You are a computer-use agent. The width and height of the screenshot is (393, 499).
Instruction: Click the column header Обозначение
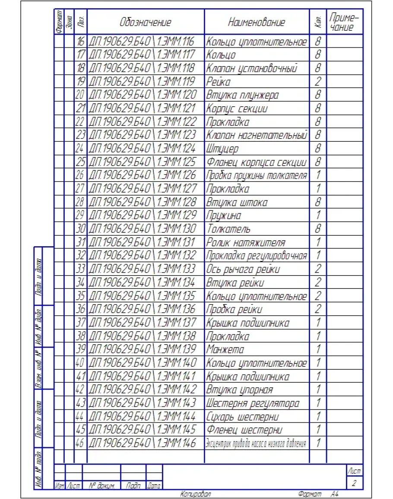(x=146, y=22)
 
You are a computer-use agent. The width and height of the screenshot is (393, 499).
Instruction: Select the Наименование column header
(x=257, y=22)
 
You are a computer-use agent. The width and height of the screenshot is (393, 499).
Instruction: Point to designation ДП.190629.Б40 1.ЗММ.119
(x=142, y=82)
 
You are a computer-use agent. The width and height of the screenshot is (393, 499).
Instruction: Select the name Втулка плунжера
(x=242, y=95)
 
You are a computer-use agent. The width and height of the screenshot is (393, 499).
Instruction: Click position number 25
(x=81, y=162)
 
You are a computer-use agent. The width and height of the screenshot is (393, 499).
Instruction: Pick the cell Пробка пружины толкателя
(x=257, y=176)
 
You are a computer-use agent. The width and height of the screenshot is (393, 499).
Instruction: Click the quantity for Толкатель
(x=318, y=229)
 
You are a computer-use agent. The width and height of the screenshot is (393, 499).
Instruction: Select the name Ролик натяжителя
(x=245, y=242)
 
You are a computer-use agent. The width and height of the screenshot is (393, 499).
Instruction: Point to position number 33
(x=81, y=269)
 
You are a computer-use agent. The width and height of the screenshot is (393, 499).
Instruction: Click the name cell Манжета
(x=225, y=349)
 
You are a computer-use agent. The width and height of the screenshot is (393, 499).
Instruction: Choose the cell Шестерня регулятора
(x=253, y=404)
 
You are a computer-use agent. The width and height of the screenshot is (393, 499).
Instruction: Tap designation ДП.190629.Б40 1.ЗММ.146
(x=142, y=443)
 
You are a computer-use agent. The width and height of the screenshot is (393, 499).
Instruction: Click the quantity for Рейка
(x=318, y=82)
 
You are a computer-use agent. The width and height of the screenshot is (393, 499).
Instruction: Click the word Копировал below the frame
(x=195, y=493)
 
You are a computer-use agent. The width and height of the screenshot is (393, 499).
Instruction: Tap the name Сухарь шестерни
(x=242, y=417)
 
